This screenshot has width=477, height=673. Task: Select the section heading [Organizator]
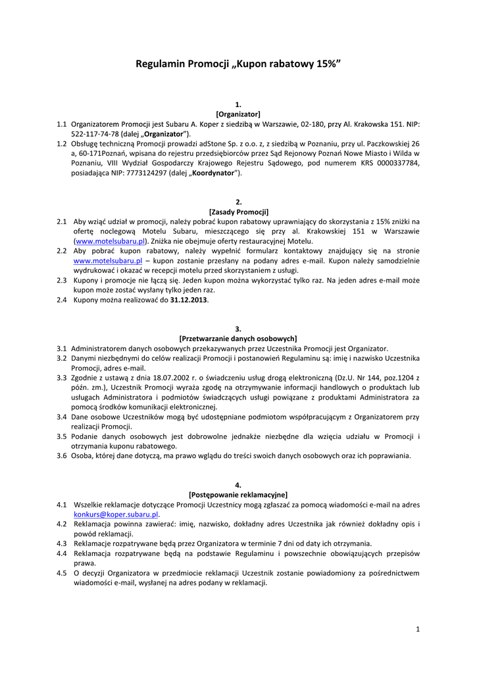[238, 114]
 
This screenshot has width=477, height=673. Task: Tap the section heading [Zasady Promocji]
[238, 212]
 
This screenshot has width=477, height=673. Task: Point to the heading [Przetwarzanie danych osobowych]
[238, 338]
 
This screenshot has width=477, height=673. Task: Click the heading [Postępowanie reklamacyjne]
[238, 494]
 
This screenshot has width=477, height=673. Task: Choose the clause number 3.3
[62, 377]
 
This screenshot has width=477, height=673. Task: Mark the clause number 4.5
[62, 573]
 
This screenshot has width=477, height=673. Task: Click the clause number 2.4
[62, 300]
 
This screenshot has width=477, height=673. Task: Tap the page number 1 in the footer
[418, 630]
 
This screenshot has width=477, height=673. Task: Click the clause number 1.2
[62, 143]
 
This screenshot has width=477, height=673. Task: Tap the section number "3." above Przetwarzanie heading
[238, 328]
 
